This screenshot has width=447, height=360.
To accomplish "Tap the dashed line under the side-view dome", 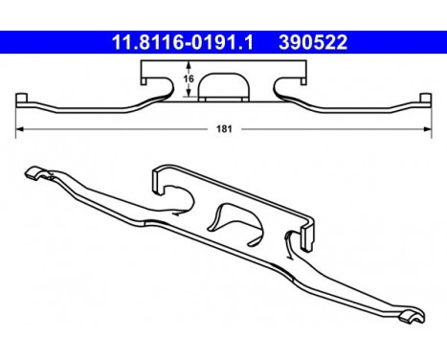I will (221, 99).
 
